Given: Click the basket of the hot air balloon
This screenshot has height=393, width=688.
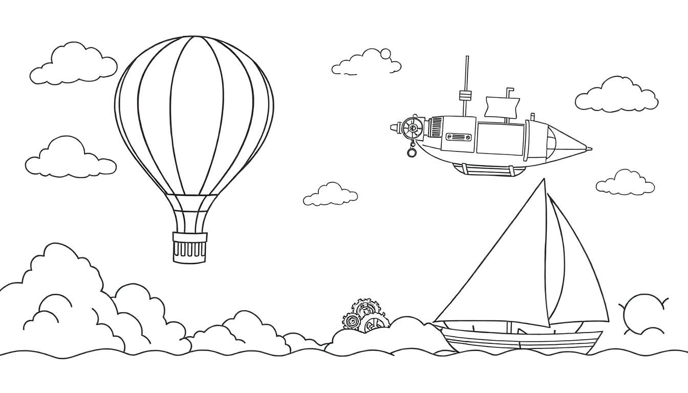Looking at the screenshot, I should (190, 247).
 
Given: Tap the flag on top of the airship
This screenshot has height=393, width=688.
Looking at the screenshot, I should (502, 106).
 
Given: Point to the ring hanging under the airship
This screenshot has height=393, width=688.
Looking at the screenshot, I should (411, 152).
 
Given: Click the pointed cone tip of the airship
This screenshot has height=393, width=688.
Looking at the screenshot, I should (584, 149).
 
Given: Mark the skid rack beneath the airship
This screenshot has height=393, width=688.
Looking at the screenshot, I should (489, 169).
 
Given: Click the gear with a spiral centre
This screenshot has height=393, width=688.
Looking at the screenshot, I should (352, 321).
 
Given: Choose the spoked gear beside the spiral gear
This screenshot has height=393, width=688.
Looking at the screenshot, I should (373, 324).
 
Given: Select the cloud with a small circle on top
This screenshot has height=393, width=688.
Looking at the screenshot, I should (366, 63).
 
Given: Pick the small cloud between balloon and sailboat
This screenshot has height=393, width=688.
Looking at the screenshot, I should (331, 195).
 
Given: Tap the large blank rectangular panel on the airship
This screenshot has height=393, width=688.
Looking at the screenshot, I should (500, 139).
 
